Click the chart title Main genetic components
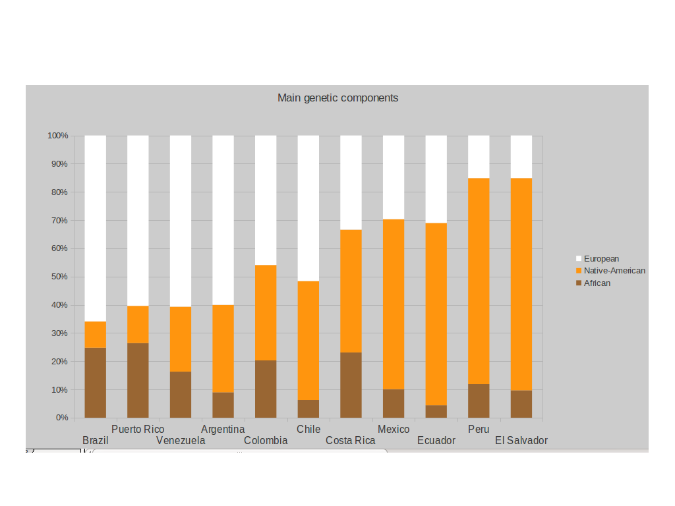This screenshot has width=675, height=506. [337, 98]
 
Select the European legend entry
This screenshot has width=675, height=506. [601, 259]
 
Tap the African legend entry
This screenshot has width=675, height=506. [597, 283]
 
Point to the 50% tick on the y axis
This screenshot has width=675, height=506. [57, 277]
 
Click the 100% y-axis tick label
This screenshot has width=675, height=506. [57, 136]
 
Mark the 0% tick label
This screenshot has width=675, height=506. [61, 418]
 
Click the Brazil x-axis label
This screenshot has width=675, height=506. [96, 441]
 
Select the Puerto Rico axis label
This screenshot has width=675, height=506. [138, 430]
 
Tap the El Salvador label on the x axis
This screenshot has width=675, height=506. [521, 441]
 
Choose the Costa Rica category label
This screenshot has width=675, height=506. [351, 441]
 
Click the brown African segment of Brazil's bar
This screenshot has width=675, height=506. [96, 383]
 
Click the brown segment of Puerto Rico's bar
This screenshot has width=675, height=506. [138, 380]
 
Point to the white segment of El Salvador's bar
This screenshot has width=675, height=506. [521, 157]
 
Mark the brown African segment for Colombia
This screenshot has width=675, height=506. [266, 389]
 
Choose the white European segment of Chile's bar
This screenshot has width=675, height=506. [308, 208]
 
